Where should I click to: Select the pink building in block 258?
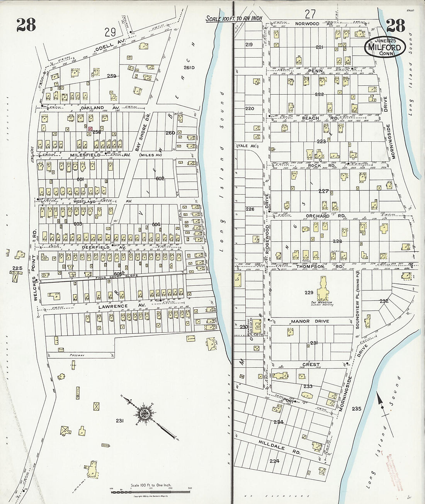[x=90, y=129]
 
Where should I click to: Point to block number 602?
[x=160, y=178]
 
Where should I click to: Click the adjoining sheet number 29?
[x=110, y=31]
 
